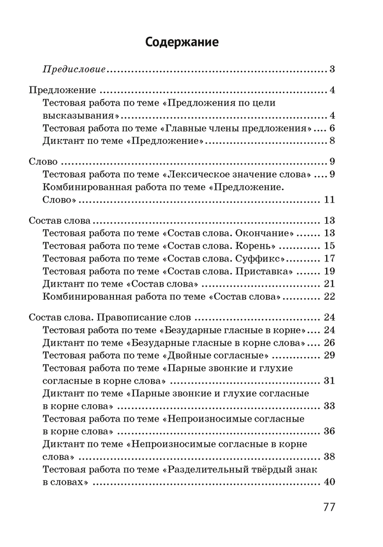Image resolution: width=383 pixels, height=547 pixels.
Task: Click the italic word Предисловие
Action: tap(74, 69)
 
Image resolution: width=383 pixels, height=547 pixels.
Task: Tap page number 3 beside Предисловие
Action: tap(332, 69)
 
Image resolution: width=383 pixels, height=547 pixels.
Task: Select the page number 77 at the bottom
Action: tap(328, 507)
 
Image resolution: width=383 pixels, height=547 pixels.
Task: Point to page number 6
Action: tap(332, 129)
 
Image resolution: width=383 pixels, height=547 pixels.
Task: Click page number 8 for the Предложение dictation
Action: tap(332, 142)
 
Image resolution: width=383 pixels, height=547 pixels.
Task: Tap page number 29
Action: tap(329, 356)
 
